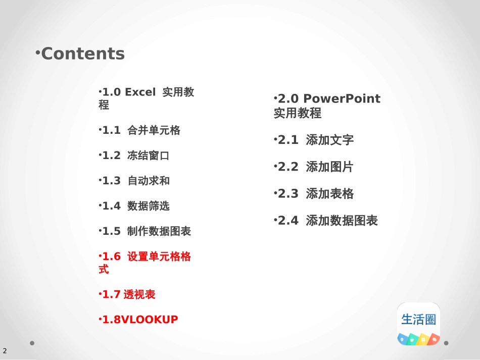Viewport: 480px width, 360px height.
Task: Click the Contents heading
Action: click(x=83, y=54)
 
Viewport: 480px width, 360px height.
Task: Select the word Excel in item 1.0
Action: click(x=140, y=92)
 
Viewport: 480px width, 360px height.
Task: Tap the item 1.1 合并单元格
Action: click(x=139, y=130)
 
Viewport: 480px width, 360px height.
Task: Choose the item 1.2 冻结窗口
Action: click(x=134, y=156)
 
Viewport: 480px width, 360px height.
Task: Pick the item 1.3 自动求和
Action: click(x=134, y=181)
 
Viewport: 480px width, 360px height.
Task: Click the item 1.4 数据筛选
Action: click(x=134, y=206)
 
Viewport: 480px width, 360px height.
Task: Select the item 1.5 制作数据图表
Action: click(x=145, y=231)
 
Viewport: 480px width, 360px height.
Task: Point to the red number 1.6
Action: click(x=112, y=256)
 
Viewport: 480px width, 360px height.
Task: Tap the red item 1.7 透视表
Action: click(x=127, y=294)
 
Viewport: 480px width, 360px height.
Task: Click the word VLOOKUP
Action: click(x=150, y=320)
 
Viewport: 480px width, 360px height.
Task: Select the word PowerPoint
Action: click(x=342, y=99)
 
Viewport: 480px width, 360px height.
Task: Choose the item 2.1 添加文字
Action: click(x=314, y=140)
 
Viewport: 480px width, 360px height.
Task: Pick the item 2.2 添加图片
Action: click(x=314, y=167)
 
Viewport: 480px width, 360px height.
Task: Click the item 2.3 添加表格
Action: click(x=314, y=193)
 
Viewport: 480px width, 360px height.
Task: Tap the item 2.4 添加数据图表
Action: click(x=326, y=221)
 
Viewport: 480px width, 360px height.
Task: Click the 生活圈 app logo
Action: click(x=418, y=324)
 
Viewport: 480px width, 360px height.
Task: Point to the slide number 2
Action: click(x=5, y=351)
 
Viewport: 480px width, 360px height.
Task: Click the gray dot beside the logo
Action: click(x=446, y=343)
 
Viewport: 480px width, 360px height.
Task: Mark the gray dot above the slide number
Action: click(x=32, y=343)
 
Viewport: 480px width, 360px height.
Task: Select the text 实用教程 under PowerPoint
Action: click(x=298, y=113)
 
